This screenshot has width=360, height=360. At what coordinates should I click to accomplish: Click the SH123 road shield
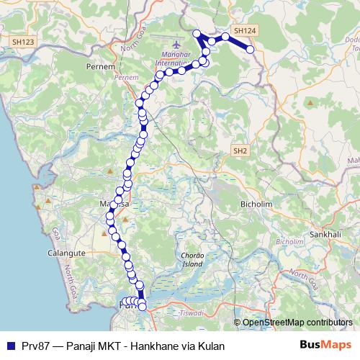click(23, 42)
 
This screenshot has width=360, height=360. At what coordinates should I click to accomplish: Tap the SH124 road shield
click(245, 31)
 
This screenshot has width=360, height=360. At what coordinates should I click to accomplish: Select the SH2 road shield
click(240, 150)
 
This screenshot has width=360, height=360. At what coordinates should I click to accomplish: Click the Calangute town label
click(67, 253)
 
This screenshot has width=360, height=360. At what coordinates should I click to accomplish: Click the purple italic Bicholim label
click(290, 241)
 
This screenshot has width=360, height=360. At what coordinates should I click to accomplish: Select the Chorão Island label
click(194, 260)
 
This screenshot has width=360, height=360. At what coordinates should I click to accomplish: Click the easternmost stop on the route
click(251, 49)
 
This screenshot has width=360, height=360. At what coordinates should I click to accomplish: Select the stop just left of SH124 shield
click(225, 35)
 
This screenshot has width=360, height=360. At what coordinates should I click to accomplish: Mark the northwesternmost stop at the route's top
click(197, 32)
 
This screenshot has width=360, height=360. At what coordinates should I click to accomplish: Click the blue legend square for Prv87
click(9, 346)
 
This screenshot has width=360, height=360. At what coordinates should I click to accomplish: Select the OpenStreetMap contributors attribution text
click(297, 323)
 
